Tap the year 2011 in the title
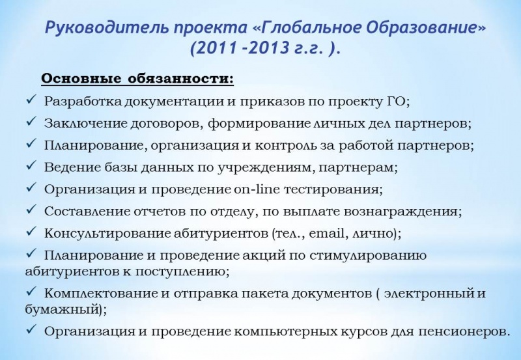click(218, 48)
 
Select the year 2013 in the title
click(270, 48)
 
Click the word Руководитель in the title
click(107, 28)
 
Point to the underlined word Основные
click(81, 79)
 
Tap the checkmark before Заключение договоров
click(31, 121)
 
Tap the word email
click(327, 233)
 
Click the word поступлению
click(180, 271)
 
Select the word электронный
click(430, 294)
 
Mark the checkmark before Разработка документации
click(31, 99)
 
